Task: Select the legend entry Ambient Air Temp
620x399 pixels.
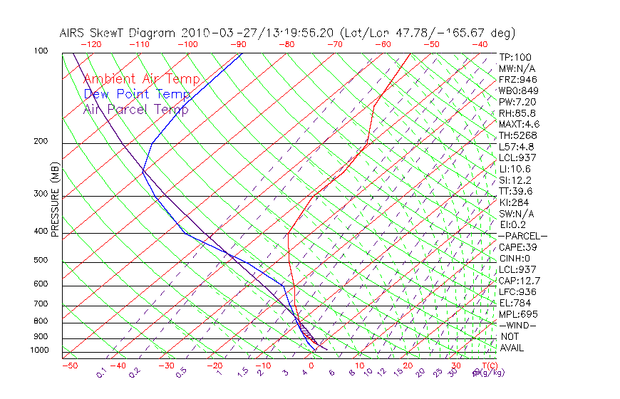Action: pos(141,79)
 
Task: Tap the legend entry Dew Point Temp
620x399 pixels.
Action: pos(137,94)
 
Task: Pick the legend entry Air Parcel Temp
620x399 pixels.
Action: pos(136,109)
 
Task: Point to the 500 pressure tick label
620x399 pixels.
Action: pos(41,260)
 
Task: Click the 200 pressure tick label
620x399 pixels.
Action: pos(41,141)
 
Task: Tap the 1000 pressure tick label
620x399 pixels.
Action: pos(39,350)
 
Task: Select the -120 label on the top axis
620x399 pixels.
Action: pos(91,44)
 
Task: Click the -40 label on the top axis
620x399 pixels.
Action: pos(480,44)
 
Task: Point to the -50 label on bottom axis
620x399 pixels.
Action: pos(69,366)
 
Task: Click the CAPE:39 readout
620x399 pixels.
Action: pos(517,247)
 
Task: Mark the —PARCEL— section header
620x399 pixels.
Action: pos(522,236)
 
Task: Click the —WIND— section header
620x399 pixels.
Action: pos(518,325)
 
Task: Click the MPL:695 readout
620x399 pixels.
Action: pos(517,314)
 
